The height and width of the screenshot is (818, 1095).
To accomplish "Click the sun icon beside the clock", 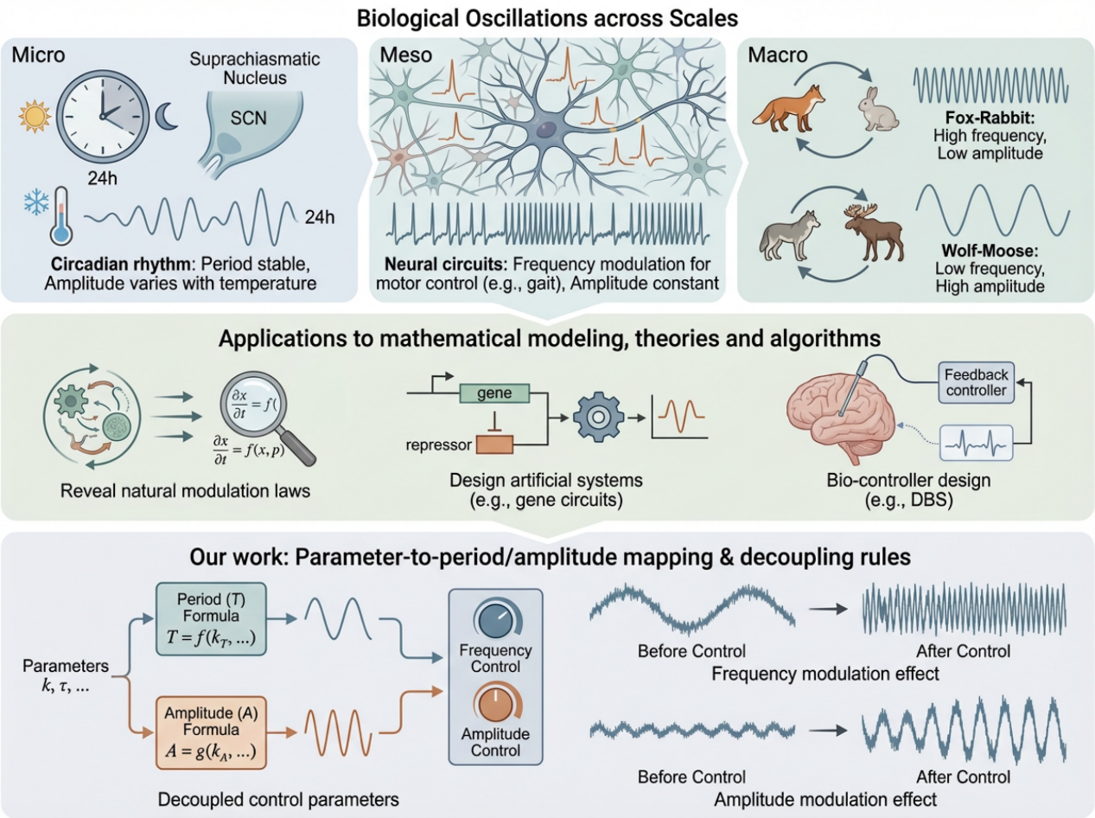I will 35,115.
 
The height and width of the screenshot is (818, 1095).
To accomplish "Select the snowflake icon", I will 36,204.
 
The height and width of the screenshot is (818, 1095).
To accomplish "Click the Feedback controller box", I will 976,382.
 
